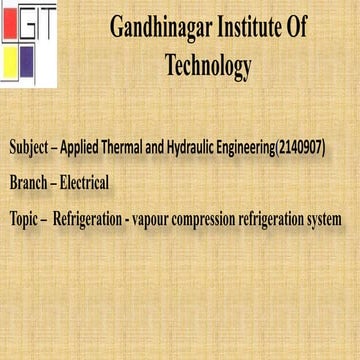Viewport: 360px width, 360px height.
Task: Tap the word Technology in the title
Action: (x=207, y=67)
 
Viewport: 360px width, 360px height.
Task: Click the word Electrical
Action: (x=84, y=183)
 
